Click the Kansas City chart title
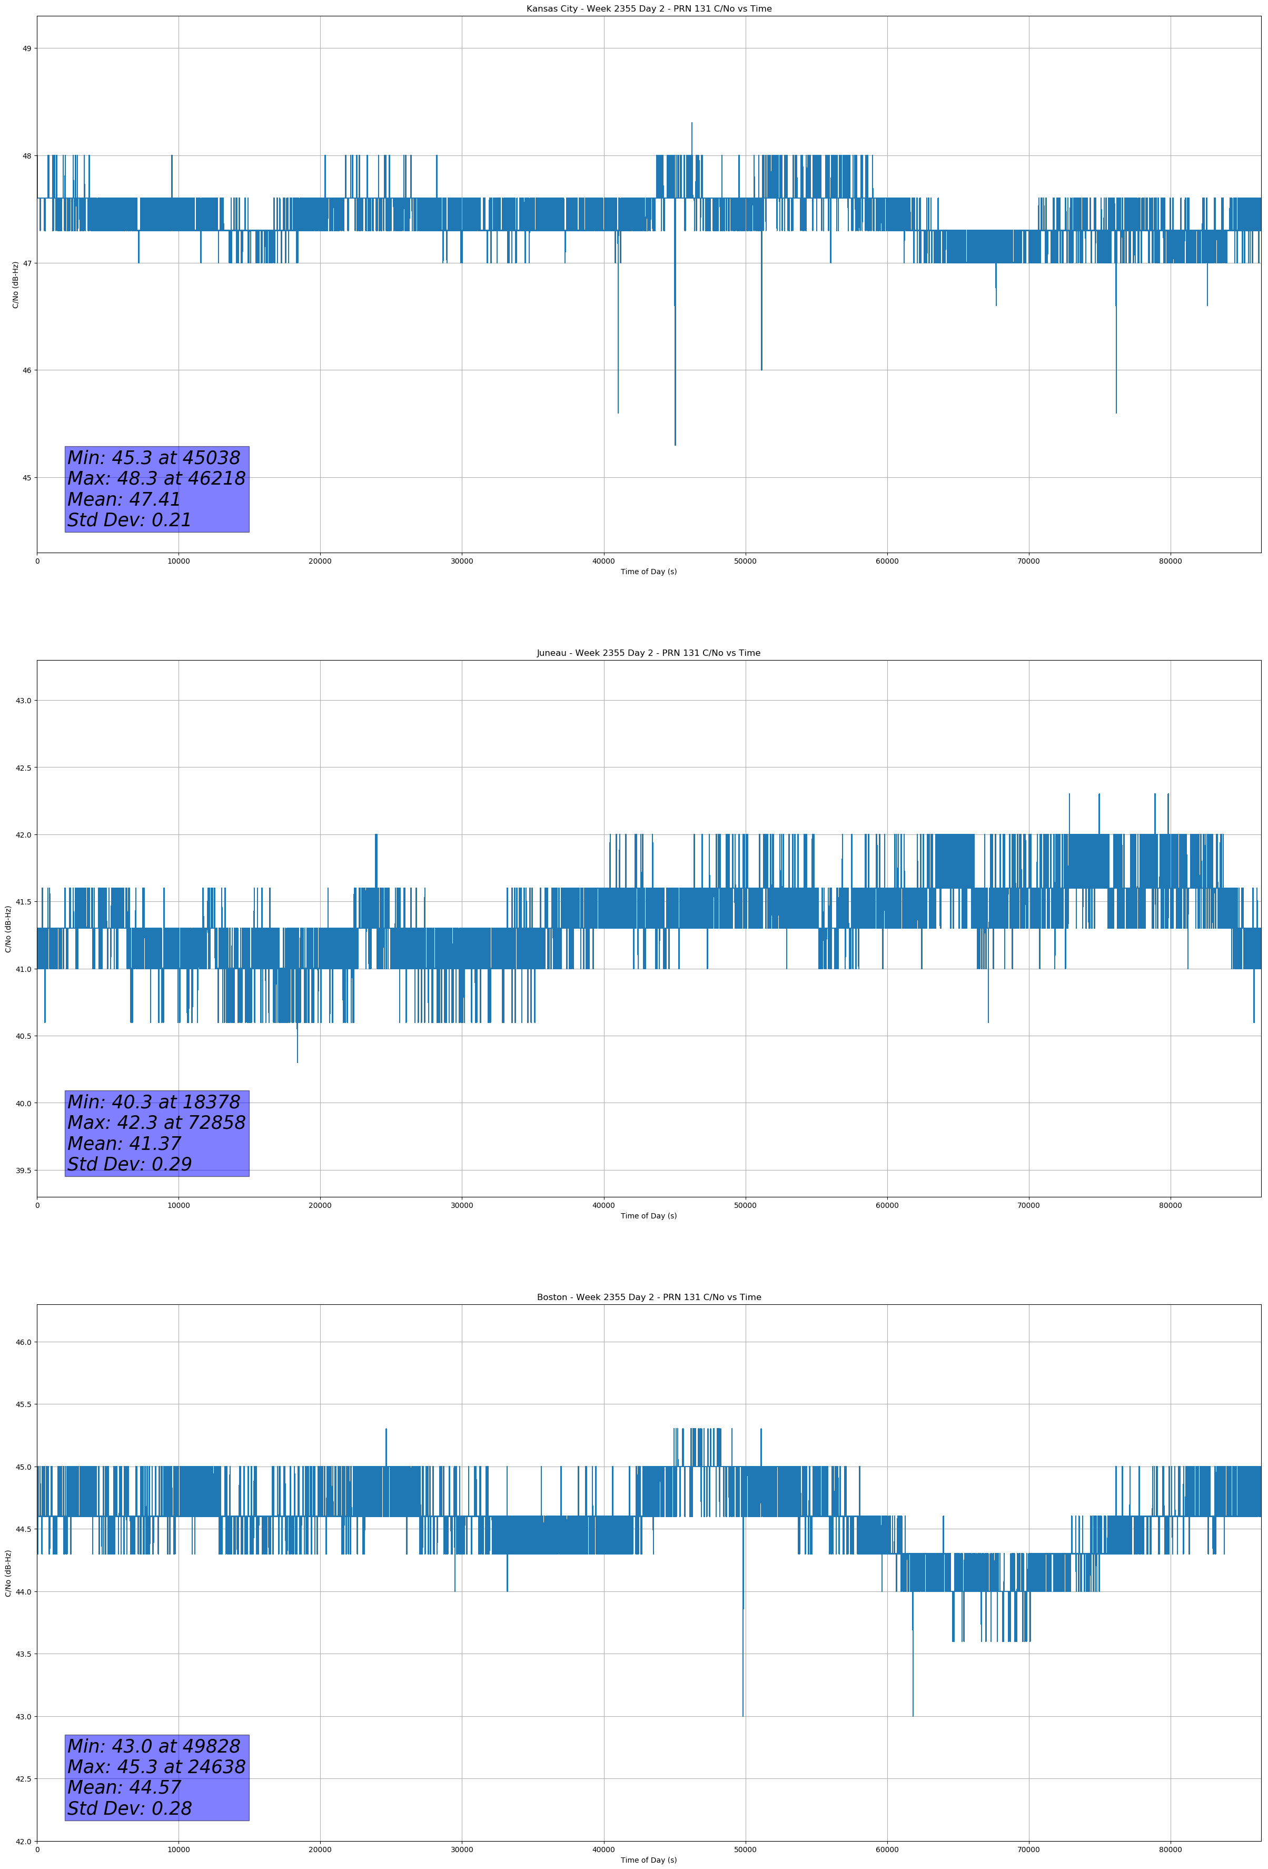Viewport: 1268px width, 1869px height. (x=648, y=9)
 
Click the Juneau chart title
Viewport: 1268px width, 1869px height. (x=648, y=653)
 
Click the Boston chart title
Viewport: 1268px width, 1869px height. (x=648, y=1297)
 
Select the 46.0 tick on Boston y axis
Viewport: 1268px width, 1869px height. (x=23, y=1342)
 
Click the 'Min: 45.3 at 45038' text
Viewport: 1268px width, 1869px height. (x=154, y=458)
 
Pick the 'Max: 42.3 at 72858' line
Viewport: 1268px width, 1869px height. (x=156, y=1123)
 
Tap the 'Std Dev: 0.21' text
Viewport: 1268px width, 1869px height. (x=130, y=520)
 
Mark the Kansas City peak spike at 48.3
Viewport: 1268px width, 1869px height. (x=691, y=124)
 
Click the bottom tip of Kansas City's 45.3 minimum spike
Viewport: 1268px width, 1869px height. (x=675, y=444)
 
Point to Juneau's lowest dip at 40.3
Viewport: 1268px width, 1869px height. (x=298, y=1061)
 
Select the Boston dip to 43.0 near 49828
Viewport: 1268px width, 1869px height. (x=743, y=1715)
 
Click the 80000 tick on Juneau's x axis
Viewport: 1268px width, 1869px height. (x=1170, y=1205)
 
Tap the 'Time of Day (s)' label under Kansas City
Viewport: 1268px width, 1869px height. (x=648, y=572)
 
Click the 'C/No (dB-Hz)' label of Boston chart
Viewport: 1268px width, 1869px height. (x=9, y=1573)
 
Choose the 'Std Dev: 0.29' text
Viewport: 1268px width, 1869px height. (x=130, y=1165)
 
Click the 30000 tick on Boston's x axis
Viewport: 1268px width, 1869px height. (x=461, y=1850)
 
